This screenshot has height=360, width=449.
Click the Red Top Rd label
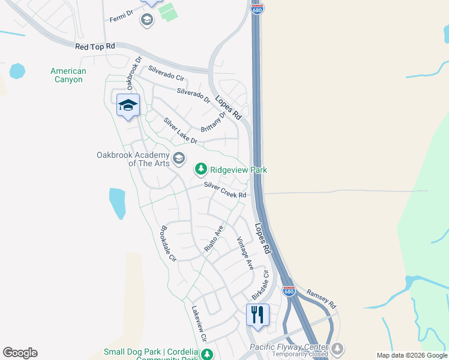(x=95, y=46)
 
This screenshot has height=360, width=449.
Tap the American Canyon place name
(x=68, y=75)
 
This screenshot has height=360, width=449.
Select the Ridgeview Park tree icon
(x=200, y=170)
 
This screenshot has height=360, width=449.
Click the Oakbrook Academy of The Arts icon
(x=178, y=158)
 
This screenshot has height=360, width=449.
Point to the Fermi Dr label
(x=121, y=19)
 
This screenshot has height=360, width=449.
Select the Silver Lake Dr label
(x=180, y=130)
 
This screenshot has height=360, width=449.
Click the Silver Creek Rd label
(x=225, y=191)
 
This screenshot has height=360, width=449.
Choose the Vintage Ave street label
(x=245, y=253)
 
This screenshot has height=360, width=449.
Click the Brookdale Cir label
(x=167, y=243)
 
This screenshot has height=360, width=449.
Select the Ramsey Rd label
(x=322, y=297)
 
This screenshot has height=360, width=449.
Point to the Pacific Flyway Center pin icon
(x=338, y=348)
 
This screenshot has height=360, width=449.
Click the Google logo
(x=20, y=353)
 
